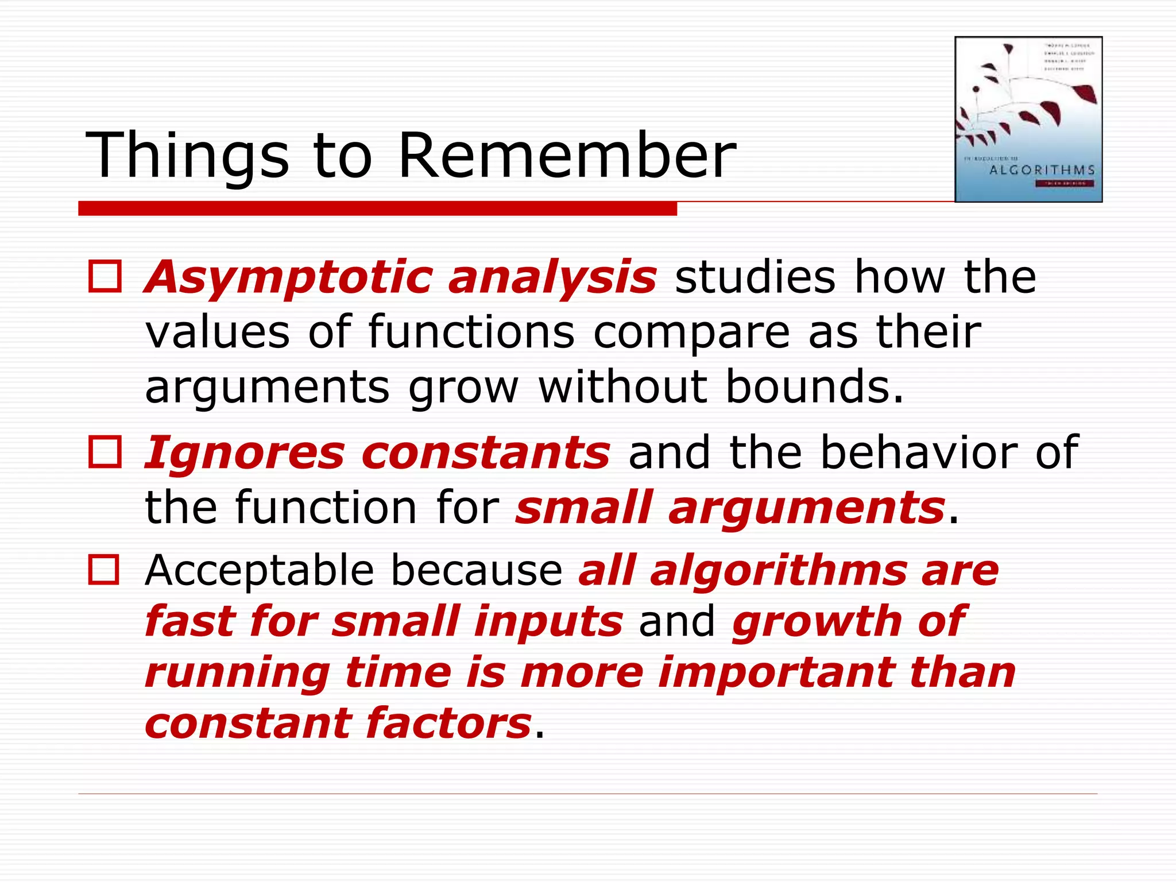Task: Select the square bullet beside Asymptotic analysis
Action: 105,277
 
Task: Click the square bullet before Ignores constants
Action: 105,451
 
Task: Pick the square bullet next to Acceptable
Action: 104,570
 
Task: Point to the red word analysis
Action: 552,278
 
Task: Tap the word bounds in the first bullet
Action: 814,386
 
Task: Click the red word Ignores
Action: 244,452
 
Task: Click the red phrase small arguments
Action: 730,508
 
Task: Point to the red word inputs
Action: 548,621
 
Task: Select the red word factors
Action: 448,724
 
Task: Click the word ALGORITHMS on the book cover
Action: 1042,170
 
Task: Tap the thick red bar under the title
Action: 377,208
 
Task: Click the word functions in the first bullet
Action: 471,332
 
